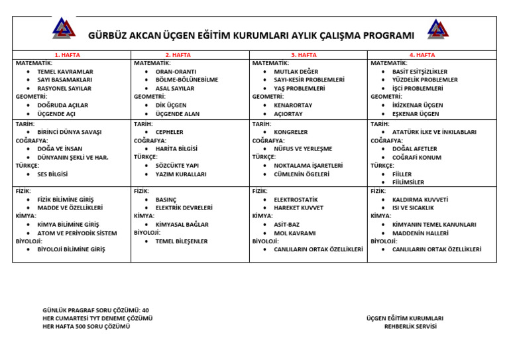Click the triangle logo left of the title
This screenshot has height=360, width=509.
64,28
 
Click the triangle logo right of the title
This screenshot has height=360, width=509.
437,29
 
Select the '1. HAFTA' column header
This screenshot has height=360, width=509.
66,55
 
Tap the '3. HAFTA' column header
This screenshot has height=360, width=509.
304,55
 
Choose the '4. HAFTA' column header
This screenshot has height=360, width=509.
422,55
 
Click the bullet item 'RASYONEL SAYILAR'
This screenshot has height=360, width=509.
64,88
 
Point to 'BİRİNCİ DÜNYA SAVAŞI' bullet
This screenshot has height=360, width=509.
69,132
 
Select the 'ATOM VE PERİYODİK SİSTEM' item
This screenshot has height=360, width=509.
77,233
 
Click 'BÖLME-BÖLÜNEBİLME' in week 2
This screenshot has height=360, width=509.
186,80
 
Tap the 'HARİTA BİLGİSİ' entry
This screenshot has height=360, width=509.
176,149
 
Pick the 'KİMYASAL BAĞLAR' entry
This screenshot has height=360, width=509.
182,225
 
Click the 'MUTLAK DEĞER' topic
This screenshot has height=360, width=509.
296,72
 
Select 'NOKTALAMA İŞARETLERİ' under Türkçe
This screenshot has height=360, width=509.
308,166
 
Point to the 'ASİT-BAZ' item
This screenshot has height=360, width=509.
286,225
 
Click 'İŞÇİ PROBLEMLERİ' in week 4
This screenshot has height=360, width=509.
418,88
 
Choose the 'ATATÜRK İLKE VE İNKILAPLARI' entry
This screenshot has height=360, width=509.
434,132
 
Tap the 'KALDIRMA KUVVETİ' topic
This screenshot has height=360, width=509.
420,200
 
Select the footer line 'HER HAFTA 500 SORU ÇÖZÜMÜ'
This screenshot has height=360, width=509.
86,326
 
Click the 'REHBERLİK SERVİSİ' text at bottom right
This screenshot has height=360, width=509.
410,326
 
